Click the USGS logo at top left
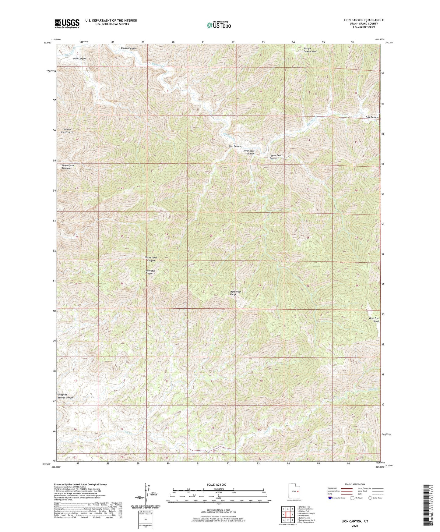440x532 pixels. (67, 23)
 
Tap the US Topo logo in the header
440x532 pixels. (219, 25)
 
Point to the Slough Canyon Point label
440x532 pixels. (310, 50)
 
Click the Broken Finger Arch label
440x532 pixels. (67, 131)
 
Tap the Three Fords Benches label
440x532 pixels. (68, 167)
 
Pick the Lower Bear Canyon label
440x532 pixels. (248, 152)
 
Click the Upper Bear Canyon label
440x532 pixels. (275, 157)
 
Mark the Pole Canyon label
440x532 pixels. (372, 117)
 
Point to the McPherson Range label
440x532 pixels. (235, 293)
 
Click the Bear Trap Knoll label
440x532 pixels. (374, 320)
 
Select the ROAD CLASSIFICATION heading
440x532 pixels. (355, 484)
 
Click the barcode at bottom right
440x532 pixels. (427, 500)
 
